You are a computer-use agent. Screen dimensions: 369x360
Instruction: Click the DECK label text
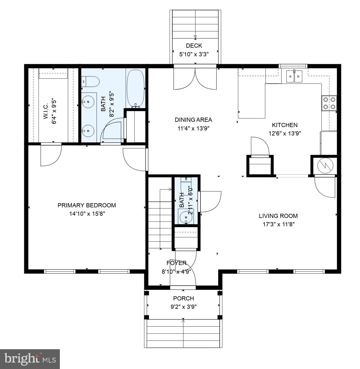(194, 46)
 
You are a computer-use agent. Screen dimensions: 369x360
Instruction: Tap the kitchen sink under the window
(294, 76)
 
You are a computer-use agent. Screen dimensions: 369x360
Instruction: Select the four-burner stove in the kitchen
(329, 103)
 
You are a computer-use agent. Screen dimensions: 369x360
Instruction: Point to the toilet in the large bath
(92, 82)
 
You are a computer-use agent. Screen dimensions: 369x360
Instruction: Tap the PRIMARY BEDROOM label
(87, 205)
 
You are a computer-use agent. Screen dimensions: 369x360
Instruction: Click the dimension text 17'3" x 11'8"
(278, 224)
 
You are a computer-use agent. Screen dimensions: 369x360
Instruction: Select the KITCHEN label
(285, 125)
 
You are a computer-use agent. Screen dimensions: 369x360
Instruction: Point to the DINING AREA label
(193, 120)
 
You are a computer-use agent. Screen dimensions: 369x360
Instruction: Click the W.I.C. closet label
(46, 111)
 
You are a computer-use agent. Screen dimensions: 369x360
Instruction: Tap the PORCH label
(183, 298)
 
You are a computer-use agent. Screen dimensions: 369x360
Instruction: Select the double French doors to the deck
(195, 79)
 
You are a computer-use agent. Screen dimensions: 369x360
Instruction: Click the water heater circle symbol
(325, 166)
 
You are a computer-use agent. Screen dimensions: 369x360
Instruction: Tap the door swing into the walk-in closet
(51, 155)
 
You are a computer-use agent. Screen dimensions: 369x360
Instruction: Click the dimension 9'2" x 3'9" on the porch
(183, 307)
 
